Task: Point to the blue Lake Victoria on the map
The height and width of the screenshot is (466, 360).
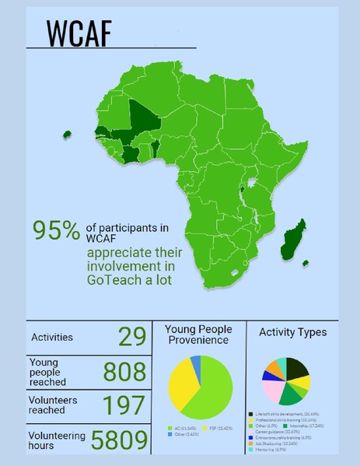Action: tap(251, 186)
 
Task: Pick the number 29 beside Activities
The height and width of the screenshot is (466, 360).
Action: tap(132, 336)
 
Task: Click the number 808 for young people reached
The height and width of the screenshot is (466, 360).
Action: tap(124, 372)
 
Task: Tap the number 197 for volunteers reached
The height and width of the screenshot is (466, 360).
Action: tap(124, 405)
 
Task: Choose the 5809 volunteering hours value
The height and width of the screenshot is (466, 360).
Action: tap(119, 440)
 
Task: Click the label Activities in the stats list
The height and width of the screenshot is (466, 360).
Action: tap(52, 337)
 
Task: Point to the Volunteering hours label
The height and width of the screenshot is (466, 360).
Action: tap(56, 440)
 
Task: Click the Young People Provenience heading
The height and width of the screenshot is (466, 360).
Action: tap(197, 335)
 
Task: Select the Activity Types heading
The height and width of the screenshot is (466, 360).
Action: tap(292, 332)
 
